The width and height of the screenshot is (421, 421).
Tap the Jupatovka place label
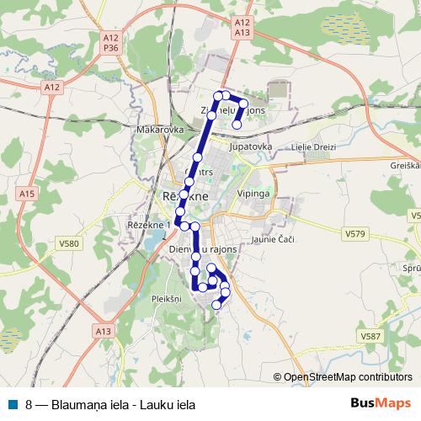point(250,146)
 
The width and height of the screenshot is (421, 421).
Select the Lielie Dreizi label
point(313,147)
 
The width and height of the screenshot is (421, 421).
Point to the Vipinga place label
point(253,194)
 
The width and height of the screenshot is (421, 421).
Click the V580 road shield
point(69,244)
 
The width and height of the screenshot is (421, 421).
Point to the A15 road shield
point(28,194)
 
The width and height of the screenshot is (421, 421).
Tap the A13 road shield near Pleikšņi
point(104,332)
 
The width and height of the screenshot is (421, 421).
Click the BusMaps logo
point(381,403)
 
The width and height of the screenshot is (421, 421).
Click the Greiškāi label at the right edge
point(407,165)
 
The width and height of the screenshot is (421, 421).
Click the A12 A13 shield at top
point(242,26)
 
